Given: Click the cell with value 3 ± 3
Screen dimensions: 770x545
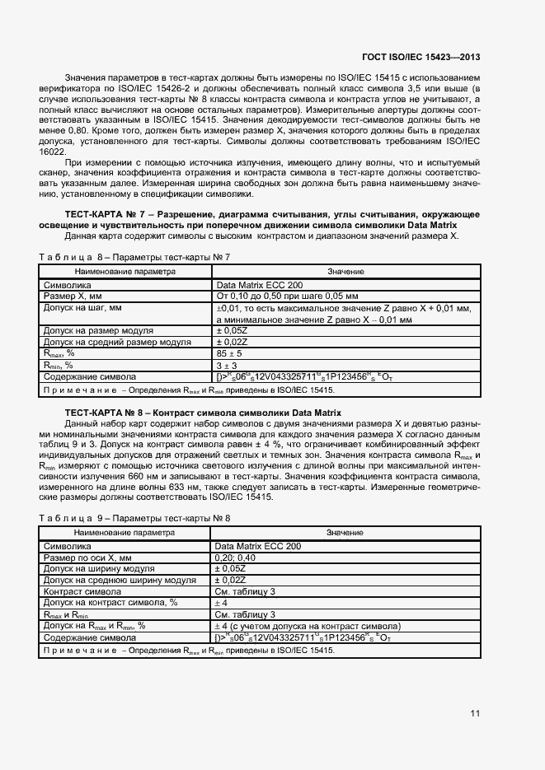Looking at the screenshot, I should click(225, 365).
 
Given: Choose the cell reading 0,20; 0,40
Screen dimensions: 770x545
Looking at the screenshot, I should click(235, 558).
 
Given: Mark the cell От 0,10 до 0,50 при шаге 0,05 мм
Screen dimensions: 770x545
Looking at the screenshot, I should click(286, 295).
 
